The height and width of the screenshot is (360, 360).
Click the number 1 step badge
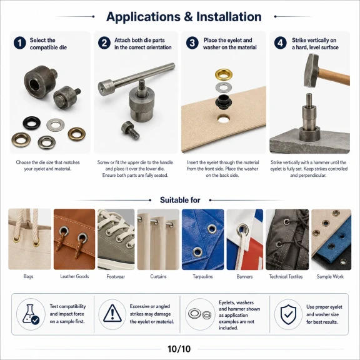[20, 43]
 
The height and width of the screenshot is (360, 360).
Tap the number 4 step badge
[281, 43]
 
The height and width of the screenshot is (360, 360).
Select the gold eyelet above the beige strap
[224, 74]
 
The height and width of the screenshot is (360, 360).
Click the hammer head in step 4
[312, 70]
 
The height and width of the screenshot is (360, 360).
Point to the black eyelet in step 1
[32, 123]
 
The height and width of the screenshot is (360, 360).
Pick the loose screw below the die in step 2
[131, 130]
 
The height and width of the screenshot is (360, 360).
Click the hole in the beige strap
[223, 119]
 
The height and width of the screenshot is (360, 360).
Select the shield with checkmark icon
[288, 314]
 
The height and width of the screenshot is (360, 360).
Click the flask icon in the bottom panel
[31, 314]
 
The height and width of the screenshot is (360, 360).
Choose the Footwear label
[116, 276]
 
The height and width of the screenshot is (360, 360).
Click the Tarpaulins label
[202, 276]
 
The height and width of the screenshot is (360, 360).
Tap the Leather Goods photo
[74, 239]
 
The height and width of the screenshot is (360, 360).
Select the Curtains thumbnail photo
[158, 239]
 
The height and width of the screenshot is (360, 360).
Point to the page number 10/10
[179, 349]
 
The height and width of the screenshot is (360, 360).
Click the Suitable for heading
[180, 200]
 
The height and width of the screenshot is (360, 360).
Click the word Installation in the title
[229, 17]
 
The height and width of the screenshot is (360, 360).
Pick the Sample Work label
[330, 276]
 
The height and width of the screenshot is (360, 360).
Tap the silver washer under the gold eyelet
[223, 87]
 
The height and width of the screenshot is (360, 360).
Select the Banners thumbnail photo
[245, 239]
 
